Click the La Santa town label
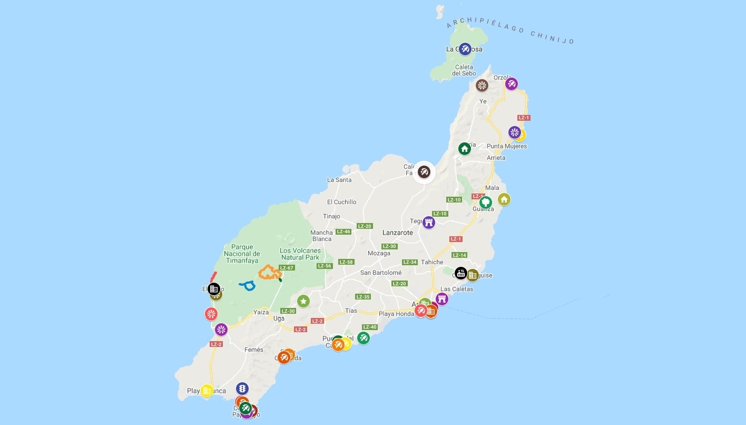click(339, 180)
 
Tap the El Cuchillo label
click(341, 202)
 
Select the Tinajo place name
click(331, 216)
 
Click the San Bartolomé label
click(380, 273)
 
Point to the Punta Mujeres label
click(507, 146)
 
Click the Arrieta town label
click(496, 158)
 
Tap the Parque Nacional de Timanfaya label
click(242, 254)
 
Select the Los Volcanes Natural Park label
click(300, 254)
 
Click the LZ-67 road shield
click(287, 268)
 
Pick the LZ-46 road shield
click(343, 231)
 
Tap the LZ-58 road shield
click(346, 262)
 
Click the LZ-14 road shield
click(459, 255)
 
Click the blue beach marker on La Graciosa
click(465, 49)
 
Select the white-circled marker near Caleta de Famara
click(424, 172)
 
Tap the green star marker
click(303, 301)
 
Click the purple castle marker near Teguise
click(429, 222)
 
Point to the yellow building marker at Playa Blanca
click(207, 391)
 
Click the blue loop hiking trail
click(248, 285)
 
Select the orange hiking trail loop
click(269, 273)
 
